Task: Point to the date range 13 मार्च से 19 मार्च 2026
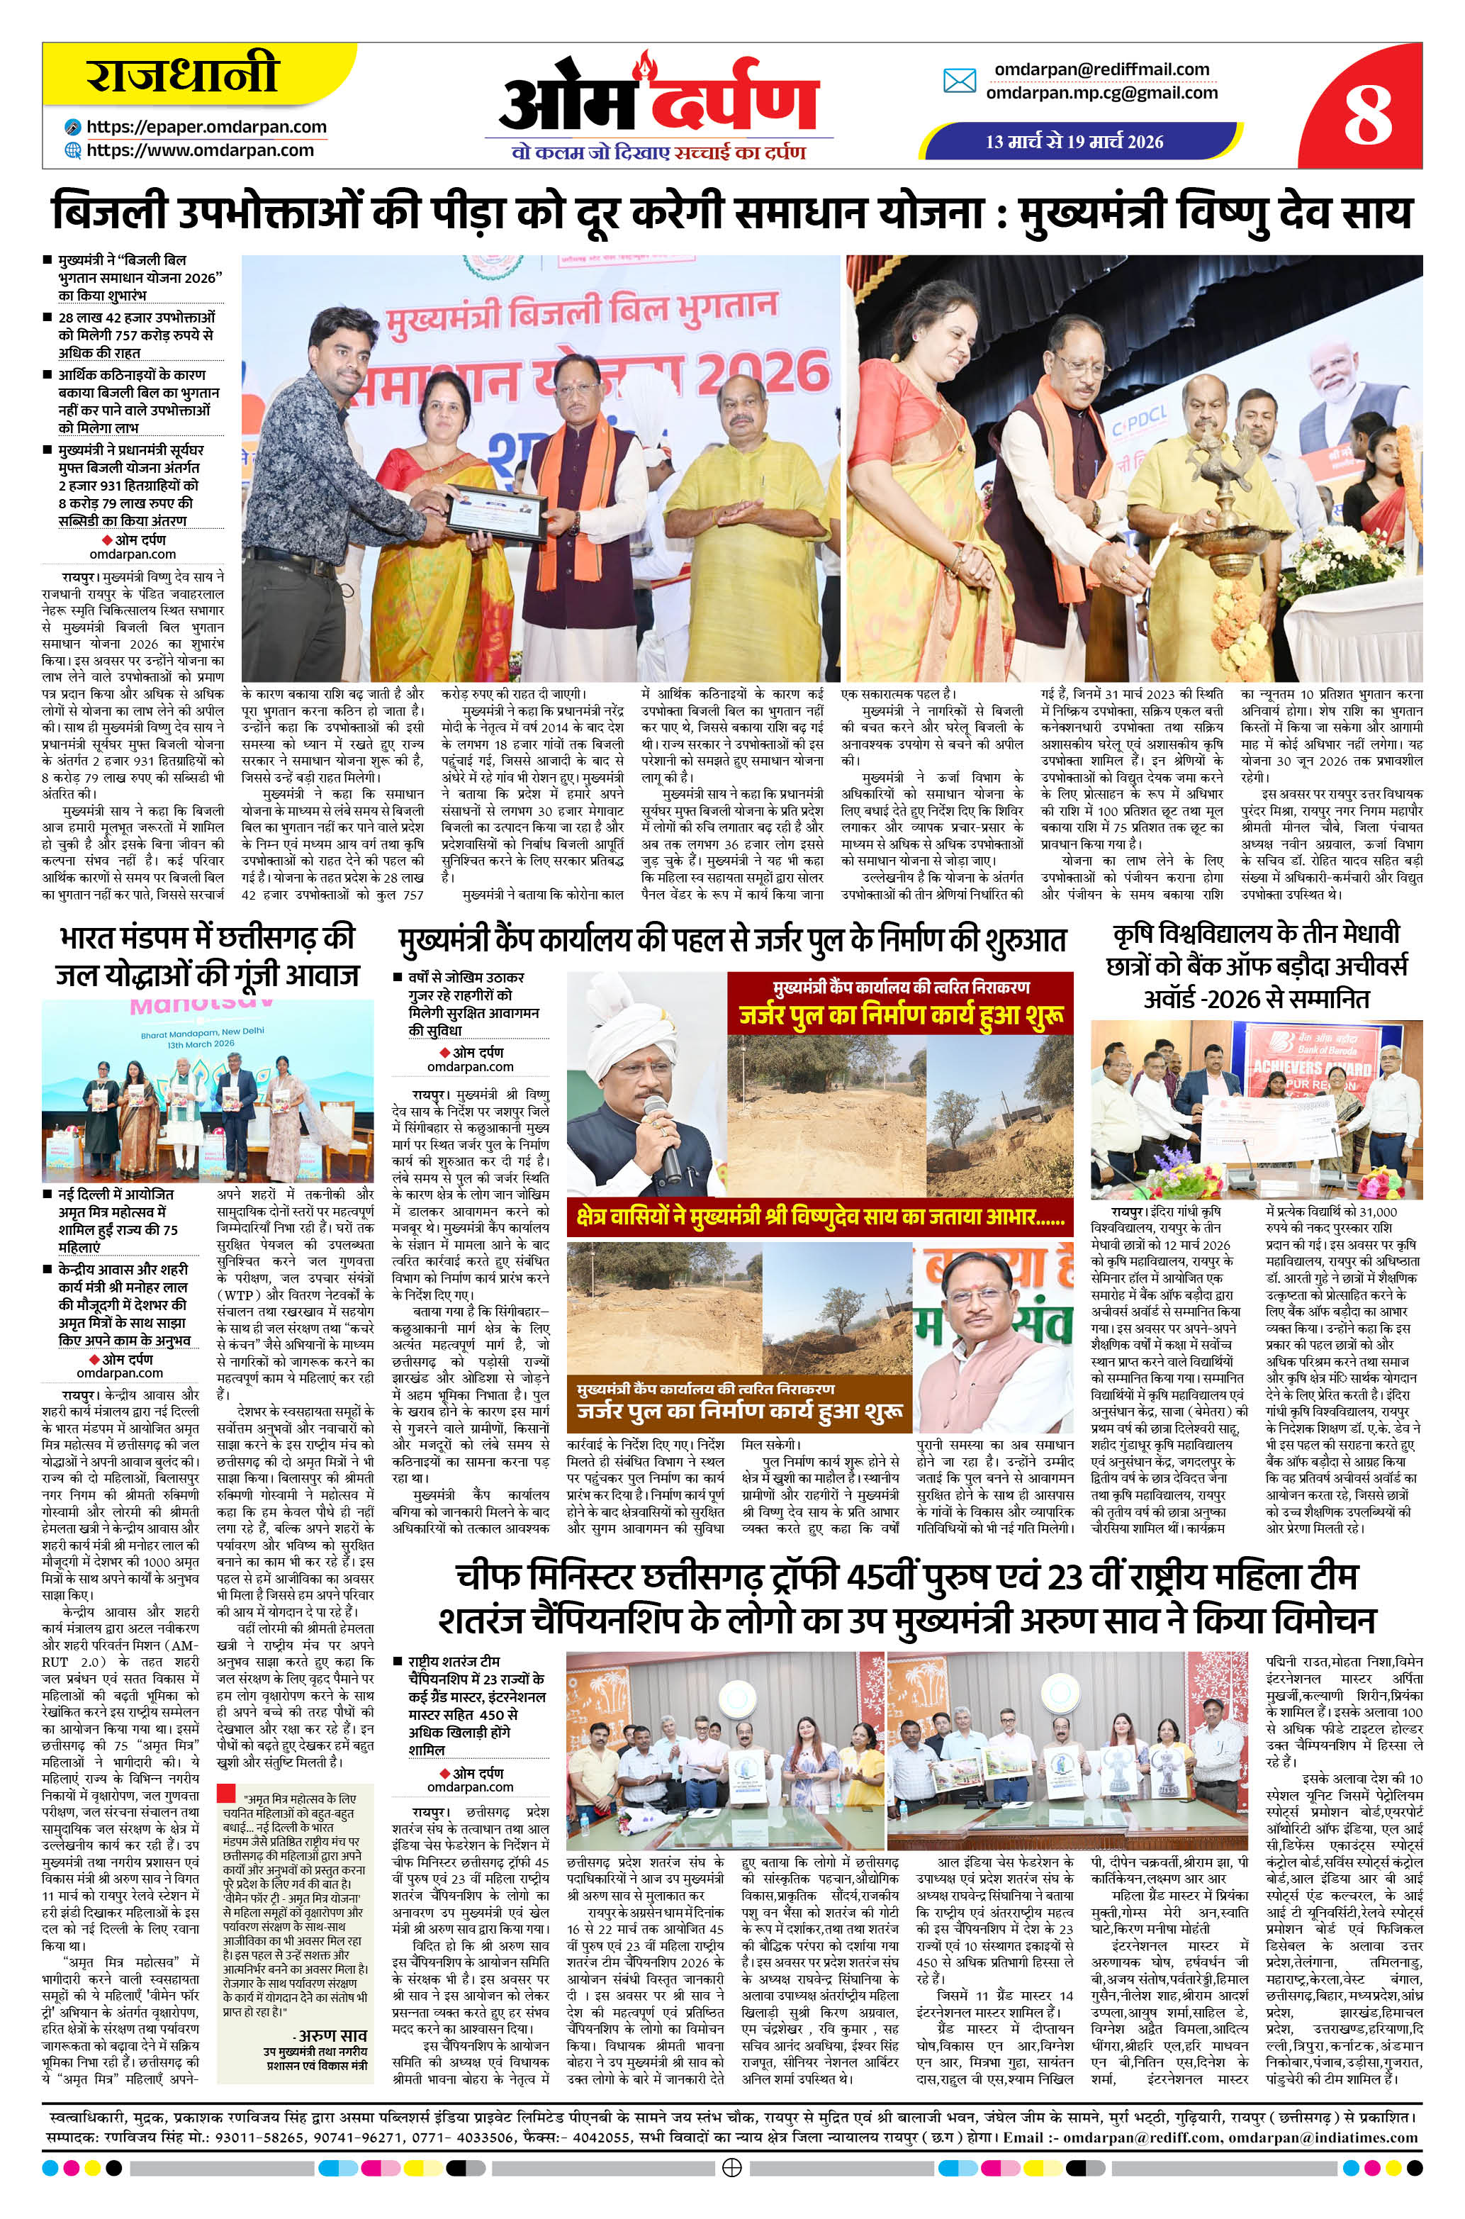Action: point(1074,142)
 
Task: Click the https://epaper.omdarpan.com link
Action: point(206,127)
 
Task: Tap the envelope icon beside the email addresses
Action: point(960,82)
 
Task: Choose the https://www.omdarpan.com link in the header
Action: point(200,150)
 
